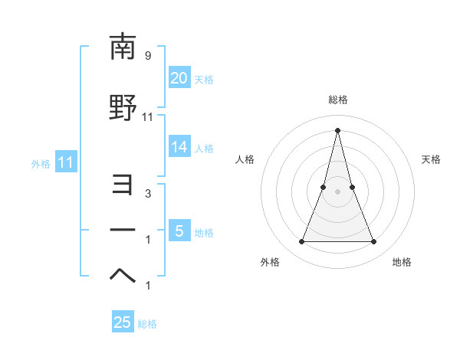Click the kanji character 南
[x=123, y=47]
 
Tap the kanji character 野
[x=123, y=108]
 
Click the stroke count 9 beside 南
[x=147, y=56]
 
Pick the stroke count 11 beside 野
[x=148, y=117]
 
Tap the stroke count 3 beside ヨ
[x=147, y=194]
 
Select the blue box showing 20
[x=179, y=78]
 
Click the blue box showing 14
[x=179, y=147]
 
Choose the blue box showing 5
[x=179, y=231]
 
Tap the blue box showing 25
[x=123, y=322]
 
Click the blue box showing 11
[x=65, y=162]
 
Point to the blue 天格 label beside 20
[x=204, y=79]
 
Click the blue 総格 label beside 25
[x=147, y=324]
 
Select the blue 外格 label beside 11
[x=41, y=163]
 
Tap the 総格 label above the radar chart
[x=337, y=100]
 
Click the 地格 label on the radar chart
[x=402, y=262]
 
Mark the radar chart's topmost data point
[x=337, y=129]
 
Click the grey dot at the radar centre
[x=337, y=191]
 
